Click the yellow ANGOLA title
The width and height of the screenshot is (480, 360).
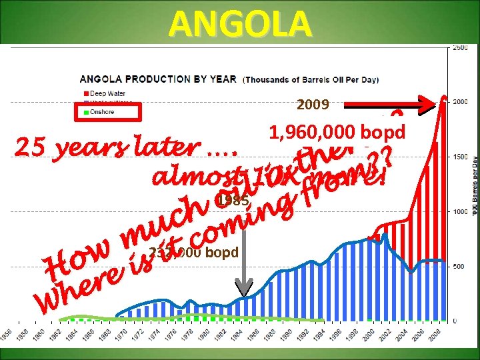coord(240,23)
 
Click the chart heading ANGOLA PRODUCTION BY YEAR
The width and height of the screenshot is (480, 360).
coord(158,79)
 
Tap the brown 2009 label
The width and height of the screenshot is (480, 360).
coord(312,105)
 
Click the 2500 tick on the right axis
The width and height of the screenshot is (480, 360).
coord(460,47)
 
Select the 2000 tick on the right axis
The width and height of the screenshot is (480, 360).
coord(460,102)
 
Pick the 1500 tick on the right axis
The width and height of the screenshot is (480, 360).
coord(460,157)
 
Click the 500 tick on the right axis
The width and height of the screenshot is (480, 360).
coord(460,266)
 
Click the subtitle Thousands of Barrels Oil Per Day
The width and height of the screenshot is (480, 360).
coord(312,79)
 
